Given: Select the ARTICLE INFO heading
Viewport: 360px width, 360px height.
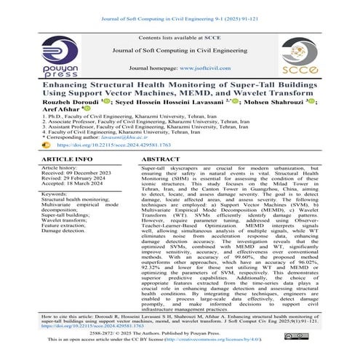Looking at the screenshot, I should [x=63, y=158].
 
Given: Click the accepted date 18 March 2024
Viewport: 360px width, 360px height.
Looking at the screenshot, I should [x=81, y=185].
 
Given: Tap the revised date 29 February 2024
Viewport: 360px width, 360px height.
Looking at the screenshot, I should [x=79, y=179].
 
